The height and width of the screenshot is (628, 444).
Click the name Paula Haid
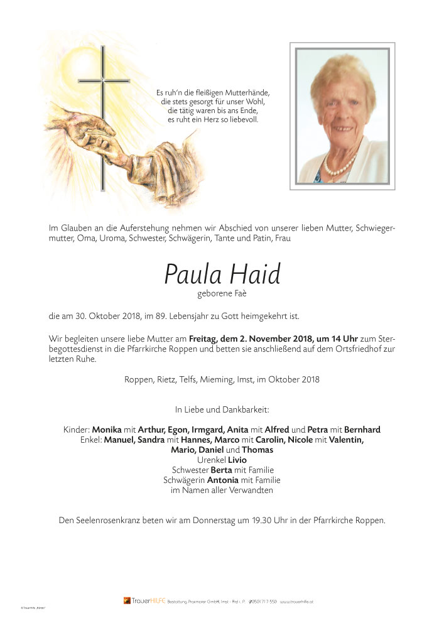tap(222, 274)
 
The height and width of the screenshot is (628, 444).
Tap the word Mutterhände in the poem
tap(247, 93)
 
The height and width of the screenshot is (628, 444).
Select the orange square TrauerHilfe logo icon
tap(126, 600)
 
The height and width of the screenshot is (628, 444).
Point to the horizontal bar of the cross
tap(104, 81)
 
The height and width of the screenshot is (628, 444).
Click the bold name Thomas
tap(257, 450)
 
